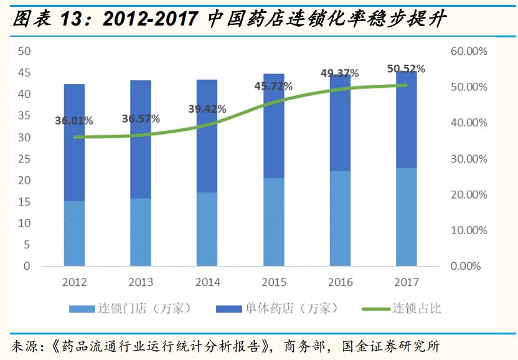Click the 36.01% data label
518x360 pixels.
pyautogui.click(x=74, y=121)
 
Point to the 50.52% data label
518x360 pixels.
pyautogui.click(x=406, y=69)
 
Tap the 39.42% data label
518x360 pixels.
pyautogui.click(x=207, y=109)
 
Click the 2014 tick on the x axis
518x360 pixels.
pyautogui.click(x=207, y=282)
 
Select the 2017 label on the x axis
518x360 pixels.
pyautogui.click(x=407, y=282)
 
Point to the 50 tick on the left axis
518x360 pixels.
pyautogui.click(x=24, y=51)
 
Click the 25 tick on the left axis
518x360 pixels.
pyautogui.click(x=24, y=159)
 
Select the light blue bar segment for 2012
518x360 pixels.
pyautogui.click(x=74, y=234)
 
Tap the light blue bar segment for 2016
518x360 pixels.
pyautogui.click(x=340, y=219)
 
